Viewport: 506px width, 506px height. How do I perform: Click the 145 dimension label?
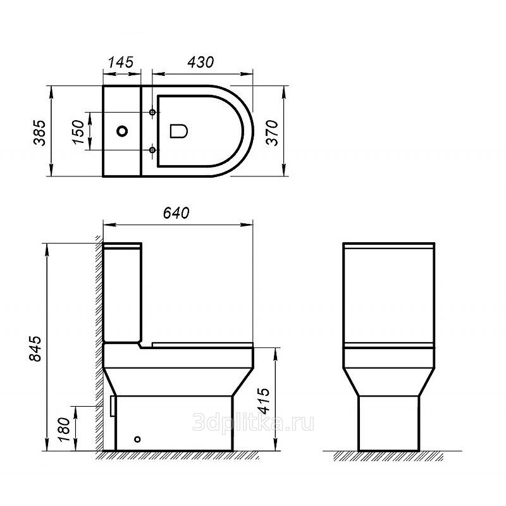coord(121,62)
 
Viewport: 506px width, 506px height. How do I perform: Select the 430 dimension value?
coord(201,62)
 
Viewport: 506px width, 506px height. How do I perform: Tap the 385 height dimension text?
coord(40,133)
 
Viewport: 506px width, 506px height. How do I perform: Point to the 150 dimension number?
coord(78,132)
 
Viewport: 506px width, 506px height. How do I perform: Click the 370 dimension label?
coord(272,133)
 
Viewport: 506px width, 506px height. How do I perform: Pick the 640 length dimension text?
coord(176,213)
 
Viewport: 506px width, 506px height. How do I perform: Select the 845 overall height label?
coord(35,349)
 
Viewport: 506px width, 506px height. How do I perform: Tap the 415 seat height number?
coord(263,400)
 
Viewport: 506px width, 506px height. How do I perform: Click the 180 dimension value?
coord(64,430)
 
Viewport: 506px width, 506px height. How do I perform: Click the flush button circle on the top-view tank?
coord(122,131)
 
